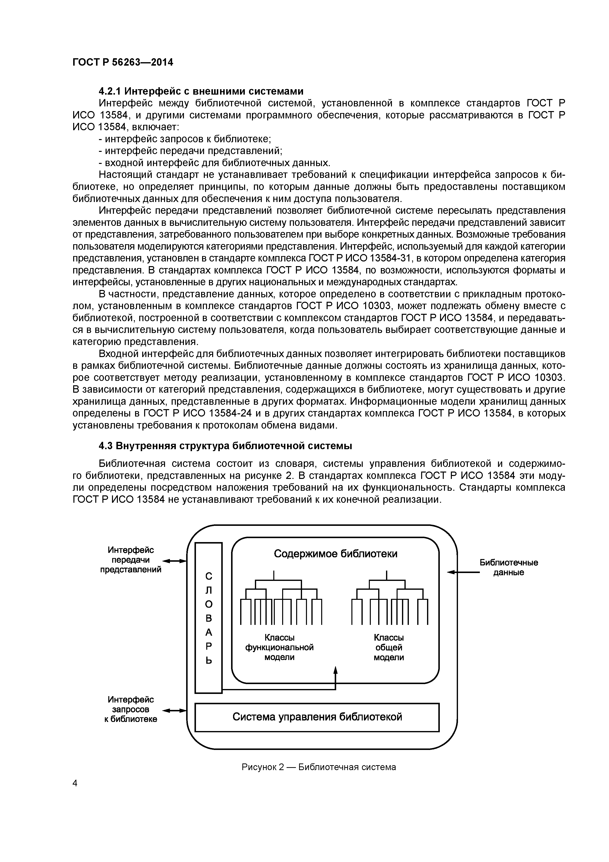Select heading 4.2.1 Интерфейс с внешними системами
(x=201, y=91)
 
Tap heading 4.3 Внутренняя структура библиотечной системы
(x=225, y=446)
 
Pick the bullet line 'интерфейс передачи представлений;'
(x=190, y=151)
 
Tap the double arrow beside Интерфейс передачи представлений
(x=175, y=561)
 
